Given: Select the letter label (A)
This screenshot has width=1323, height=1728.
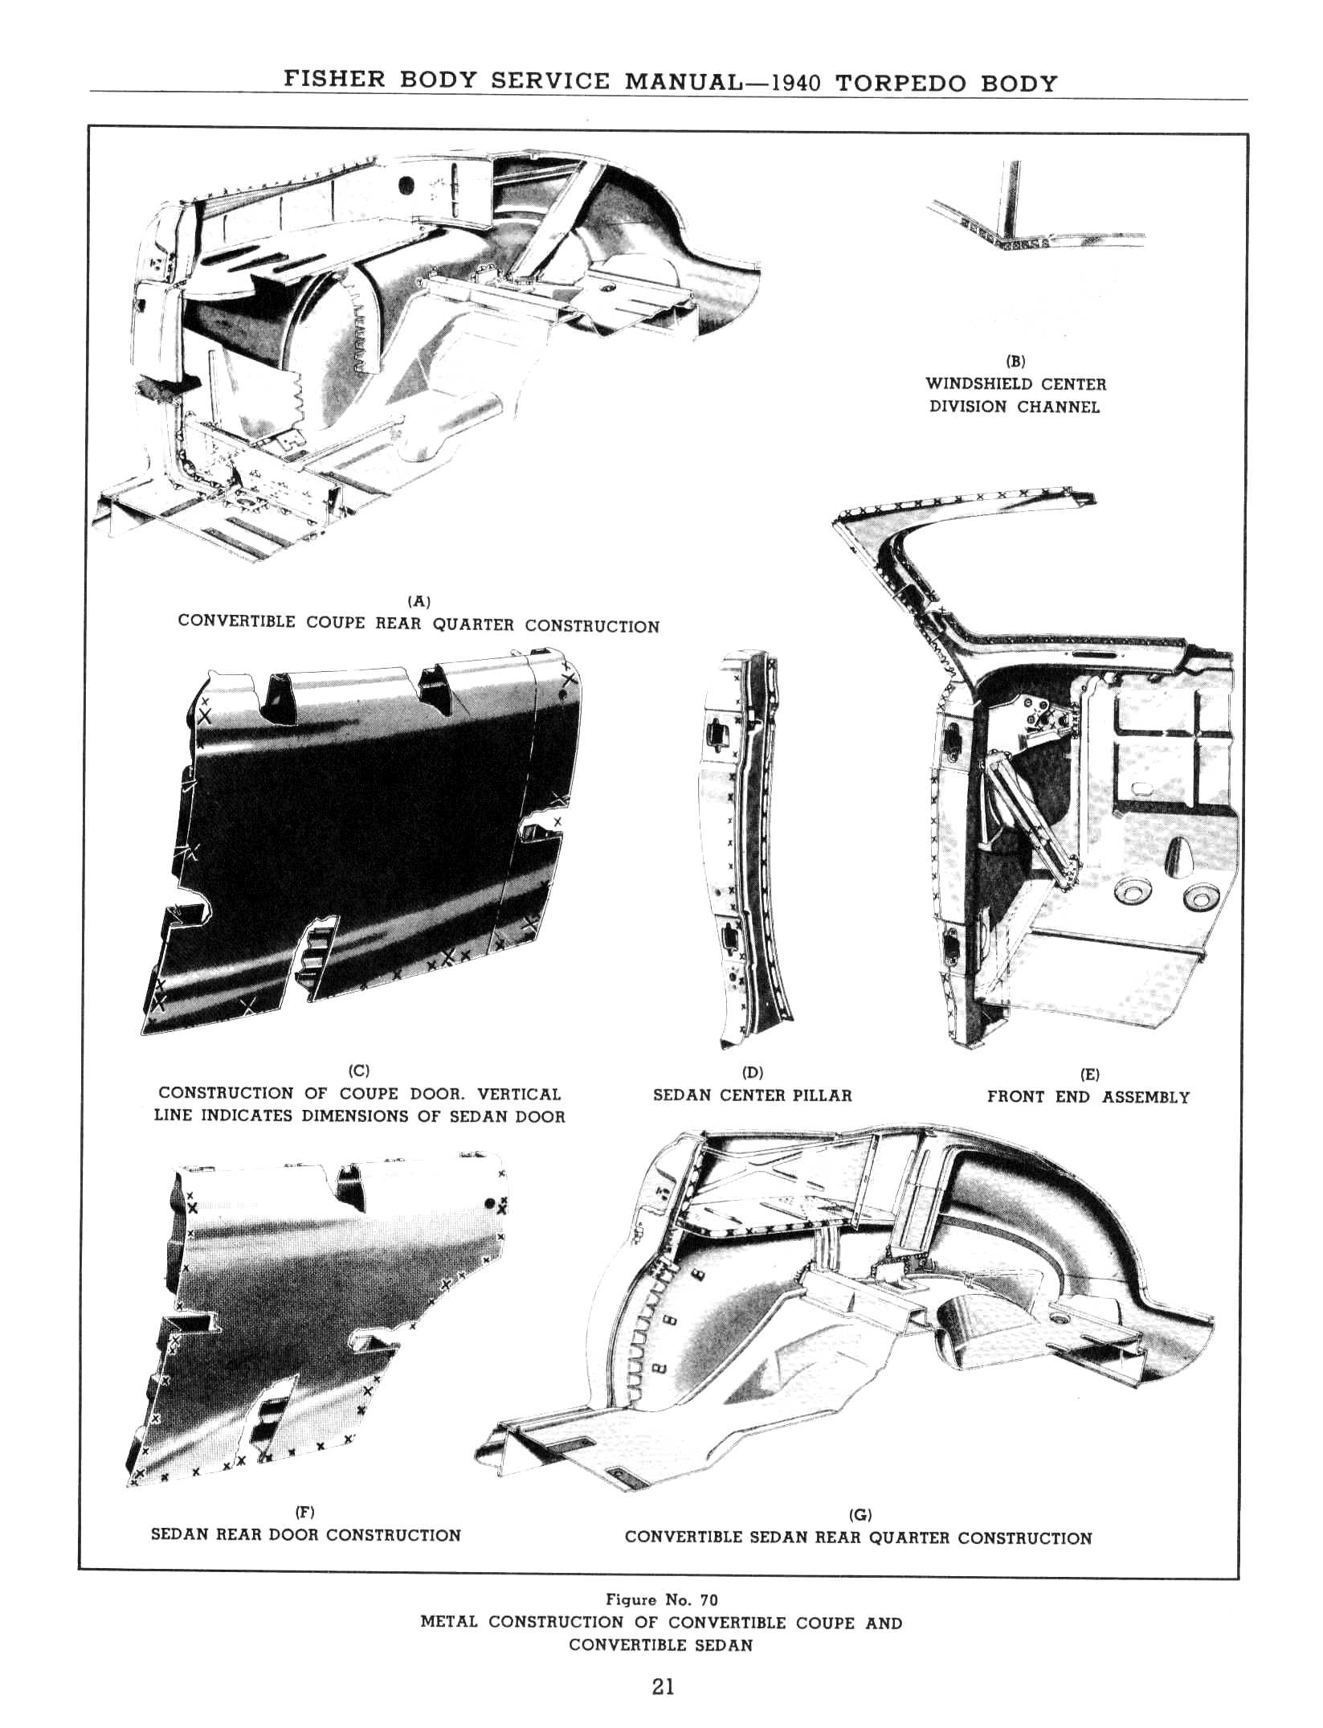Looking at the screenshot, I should [x=419, y=600].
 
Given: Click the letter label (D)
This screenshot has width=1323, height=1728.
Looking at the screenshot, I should [x=753, y=1072].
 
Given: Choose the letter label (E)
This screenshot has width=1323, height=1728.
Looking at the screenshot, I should [x=1089, y=1074].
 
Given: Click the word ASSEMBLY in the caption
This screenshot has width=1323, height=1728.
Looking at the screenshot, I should [x=1146, y=1097].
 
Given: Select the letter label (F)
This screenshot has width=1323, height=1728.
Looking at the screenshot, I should [x=306, y=1512].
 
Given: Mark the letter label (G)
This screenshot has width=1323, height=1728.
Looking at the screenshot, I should [x=860, y=1514].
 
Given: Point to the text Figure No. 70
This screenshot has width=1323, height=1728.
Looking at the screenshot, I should [x=661, y=1599].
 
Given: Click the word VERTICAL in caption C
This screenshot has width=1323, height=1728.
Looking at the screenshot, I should [x=519, y=1094].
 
